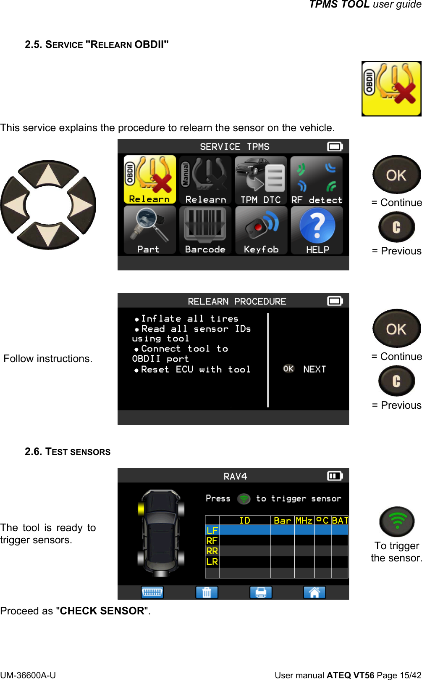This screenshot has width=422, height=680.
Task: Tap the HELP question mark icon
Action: [317, 230]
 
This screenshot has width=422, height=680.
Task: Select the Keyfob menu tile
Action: [261, 230]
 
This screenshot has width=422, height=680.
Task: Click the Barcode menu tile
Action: [205, 230]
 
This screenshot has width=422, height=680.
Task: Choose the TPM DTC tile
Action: [261, 180]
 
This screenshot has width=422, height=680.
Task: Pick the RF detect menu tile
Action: [317, 180]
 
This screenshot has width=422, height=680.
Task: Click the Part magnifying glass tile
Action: [149, 230]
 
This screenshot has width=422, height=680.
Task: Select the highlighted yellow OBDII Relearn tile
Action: [149, 180]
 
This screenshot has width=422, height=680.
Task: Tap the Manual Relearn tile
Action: [205, 180]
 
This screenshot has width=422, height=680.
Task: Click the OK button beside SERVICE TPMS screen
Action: [396, 175]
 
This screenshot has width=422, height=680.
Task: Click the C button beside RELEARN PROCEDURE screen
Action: [396, 381]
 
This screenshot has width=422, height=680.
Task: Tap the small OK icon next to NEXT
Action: [288, 369]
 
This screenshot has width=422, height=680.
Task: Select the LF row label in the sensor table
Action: [212, 530]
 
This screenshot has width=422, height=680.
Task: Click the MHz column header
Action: [304, 520]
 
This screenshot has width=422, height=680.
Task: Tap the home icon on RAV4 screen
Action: [315, 592]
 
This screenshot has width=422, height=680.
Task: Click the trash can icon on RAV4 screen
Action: [207, 592]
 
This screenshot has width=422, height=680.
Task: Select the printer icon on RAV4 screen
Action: [261, 592]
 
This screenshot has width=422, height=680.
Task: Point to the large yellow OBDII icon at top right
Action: [391, 89]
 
